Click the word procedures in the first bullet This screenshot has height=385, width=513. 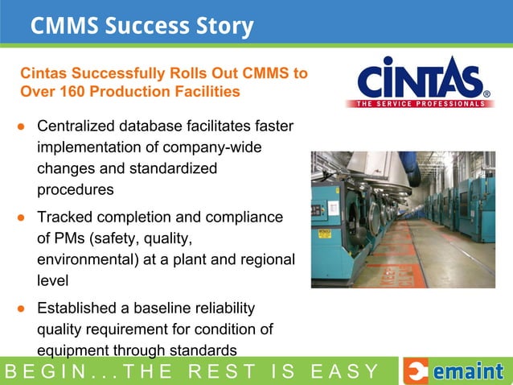coord(75,190)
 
